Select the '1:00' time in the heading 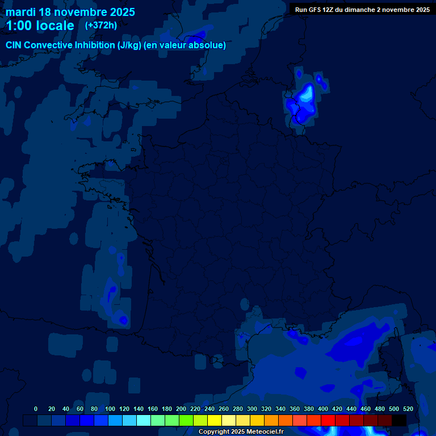(19, 26)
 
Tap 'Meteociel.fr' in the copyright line (265, 432)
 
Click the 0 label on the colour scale (36, 409)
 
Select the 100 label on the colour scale (110, 409)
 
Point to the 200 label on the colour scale (181, 409)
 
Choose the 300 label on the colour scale (252, 409)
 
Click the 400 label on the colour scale (323, 409)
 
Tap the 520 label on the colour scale (408, 409)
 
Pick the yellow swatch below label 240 (215, 420)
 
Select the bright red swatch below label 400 (328, 420)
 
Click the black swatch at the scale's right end (399, 420)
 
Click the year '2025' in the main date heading (119, 12)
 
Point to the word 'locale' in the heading (56, 26)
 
